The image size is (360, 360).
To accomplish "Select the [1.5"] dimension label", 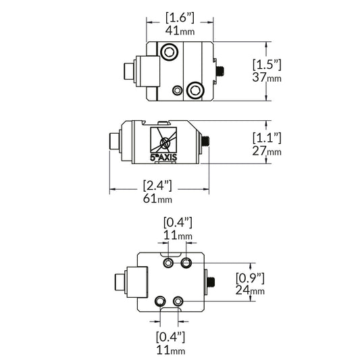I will (266, 65).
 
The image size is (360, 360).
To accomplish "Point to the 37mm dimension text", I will (266, 78).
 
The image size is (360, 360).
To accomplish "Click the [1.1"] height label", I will (266, 138).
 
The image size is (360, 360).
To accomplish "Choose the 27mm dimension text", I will (266, 151).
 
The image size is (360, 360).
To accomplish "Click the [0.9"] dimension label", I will (249, 277).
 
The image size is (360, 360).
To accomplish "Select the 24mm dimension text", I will (249, 290).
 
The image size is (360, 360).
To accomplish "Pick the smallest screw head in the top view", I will (177, 90).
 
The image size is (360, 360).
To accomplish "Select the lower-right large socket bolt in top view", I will (196, 89).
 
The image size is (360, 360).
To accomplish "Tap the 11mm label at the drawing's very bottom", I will (170, 350).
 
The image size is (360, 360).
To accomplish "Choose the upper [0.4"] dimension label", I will (178, 222).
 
